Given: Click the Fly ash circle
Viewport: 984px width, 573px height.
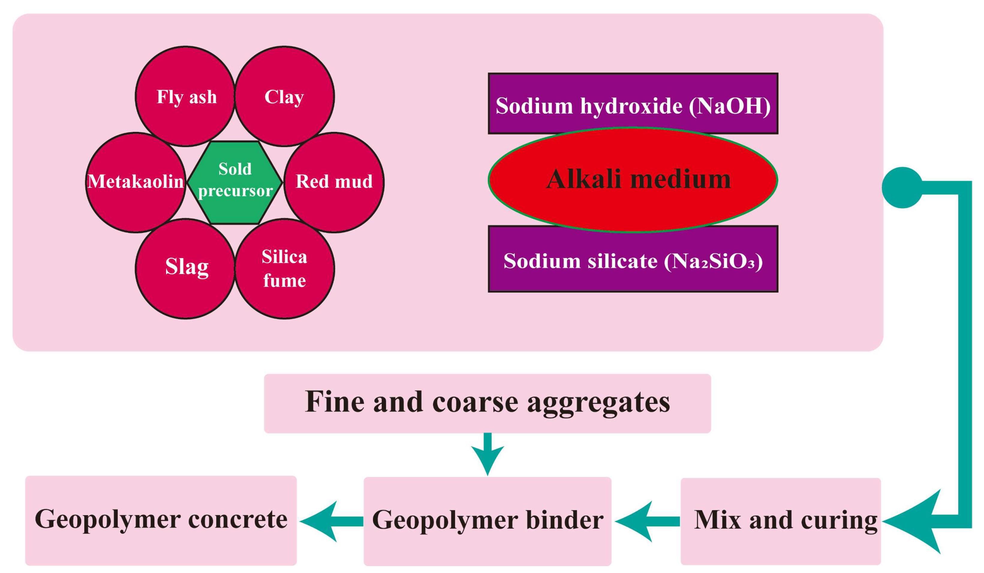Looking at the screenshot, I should (x=186, y=96).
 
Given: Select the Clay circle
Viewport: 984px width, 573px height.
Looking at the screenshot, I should (x=284, y=96).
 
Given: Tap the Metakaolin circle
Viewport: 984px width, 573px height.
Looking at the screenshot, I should (x=136, y=182).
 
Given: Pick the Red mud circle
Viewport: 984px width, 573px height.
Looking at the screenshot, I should (x=334, y=182).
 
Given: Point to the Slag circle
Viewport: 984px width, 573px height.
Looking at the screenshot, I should (x=186, y=268).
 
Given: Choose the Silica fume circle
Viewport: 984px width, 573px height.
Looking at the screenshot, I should (x=284, y=268).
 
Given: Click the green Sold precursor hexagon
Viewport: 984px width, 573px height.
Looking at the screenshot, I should (x=235, y=182).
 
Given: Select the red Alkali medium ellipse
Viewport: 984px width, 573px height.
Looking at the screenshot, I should (x=633, y=180).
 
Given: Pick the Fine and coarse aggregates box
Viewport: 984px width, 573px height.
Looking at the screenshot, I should (x=487, y=403).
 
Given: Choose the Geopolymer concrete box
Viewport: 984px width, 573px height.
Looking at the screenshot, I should (x=161, y=520).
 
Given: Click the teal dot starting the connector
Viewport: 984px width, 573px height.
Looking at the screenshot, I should (x=902, y=187).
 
